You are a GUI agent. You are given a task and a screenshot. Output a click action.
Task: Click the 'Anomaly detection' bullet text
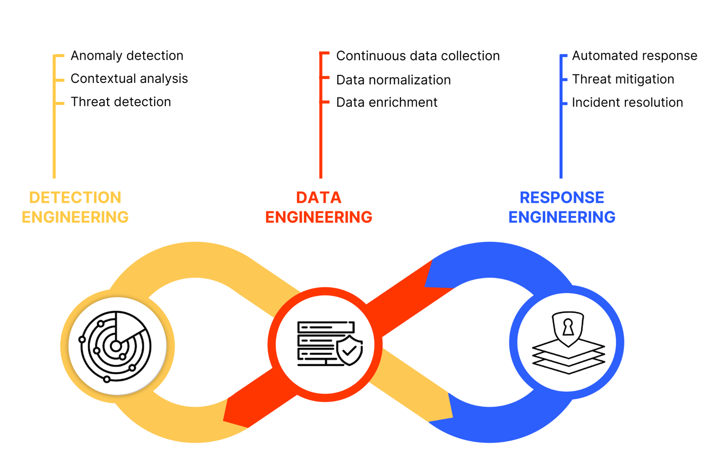(x=127, y=56)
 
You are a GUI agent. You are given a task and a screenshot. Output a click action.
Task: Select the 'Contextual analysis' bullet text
(x=129, y=79)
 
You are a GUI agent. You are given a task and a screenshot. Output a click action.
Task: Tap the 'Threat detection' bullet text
(x=121, y=102)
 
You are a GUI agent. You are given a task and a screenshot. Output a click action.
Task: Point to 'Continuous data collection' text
(x=418, y=56)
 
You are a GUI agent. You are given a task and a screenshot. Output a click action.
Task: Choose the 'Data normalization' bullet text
(x=393, y=80)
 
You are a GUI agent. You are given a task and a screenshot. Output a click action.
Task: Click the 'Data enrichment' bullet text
(x=387, y=103)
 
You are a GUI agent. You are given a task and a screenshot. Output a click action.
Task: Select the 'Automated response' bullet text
(x=634, y=56)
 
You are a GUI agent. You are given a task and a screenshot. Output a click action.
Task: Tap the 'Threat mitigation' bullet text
(x=623, y=79)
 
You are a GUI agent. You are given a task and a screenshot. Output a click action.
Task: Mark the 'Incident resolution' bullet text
(x=627, y=103)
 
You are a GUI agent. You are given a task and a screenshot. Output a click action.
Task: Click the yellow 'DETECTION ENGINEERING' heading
(x=75, y=207)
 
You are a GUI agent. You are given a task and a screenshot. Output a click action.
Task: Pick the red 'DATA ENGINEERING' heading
(x=319, y=207)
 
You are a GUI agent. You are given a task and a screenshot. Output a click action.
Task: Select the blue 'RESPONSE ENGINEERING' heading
(x=562, y=207)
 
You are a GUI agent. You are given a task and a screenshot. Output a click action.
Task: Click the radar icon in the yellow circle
(x=116, y=346)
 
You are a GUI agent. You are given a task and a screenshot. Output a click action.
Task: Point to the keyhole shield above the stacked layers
(x=568, y=328)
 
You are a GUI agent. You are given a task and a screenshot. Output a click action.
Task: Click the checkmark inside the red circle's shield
(x=349, y=350)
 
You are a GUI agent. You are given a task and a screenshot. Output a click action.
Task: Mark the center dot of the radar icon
(x=116, y=346)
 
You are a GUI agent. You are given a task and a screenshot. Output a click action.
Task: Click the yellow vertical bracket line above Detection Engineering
(x=54, y=142)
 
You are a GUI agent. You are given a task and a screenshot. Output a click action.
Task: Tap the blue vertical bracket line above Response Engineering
(x=561, y=142)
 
